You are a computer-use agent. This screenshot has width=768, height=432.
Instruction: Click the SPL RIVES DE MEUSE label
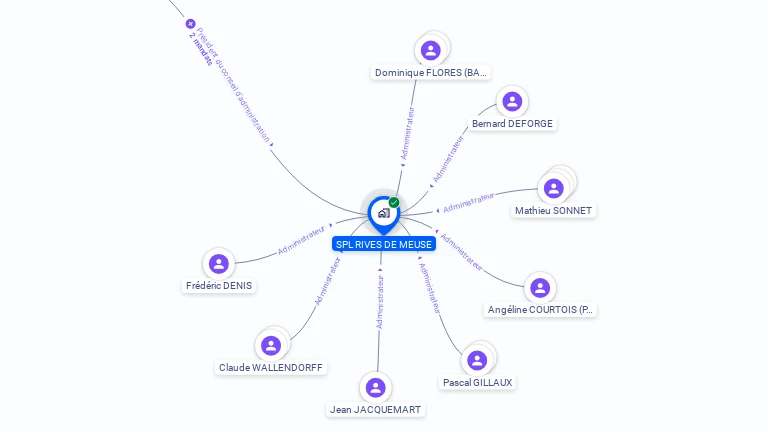[383, 244]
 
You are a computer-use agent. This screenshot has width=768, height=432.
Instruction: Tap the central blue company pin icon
[383, 213]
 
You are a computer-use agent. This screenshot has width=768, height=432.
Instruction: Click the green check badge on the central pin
[394, 202]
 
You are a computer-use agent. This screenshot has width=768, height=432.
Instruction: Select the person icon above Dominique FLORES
[431, 50]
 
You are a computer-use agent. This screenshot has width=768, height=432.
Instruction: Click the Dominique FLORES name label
[431, 72]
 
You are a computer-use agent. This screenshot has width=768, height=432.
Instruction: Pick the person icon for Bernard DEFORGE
[512, 101]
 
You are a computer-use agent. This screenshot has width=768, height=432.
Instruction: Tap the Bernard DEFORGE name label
[512, 124]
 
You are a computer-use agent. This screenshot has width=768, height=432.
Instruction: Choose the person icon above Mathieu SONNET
[553, 188]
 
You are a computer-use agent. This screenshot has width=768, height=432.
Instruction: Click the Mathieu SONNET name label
[553, 211]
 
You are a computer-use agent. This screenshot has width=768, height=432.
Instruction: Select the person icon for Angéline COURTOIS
[540, 288]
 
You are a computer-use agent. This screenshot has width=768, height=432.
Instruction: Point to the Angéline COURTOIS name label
[540, 310]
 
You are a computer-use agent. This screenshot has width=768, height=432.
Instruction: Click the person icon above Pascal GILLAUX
[477, 360]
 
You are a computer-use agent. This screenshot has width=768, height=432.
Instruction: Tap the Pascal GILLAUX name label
[478, 383]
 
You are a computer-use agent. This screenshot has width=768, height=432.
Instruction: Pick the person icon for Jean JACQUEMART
[376, 387]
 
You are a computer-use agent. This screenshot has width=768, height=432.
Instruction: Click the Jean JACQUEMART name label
[376, 410]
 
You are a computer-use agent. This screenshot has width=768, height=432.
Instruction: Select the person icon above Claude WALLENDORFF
[271, 345]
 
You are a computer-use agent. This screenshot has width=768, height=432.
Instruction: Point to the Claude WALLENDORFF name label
[271, 368]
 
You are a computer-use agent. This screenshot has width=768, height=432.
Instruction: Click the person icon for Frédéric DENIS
[219, 263]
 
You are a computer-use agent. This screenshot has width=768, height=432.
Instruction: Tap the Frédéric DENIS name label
[219, 286]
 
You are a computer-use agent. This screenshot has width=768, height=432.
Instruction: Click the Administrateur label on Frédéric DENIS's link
[301, 239]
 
